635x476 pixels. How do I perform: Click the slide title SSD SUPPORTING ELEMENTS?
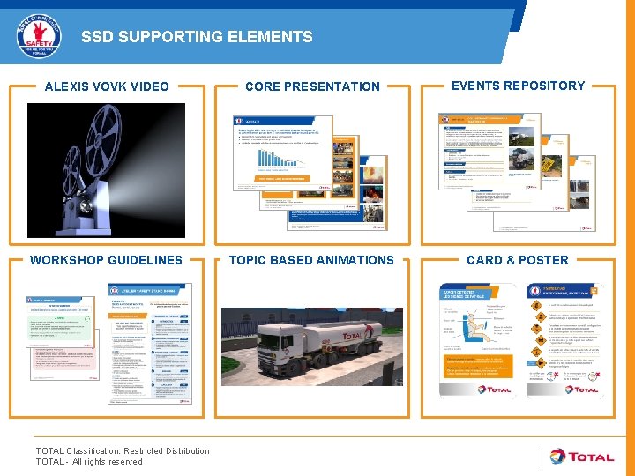[x=197, y=37]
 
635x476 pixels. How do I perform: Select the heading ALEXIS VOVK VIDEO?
[x=107, y=86]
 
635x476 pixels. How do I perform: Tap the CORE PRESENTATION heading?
[x=312, y=86]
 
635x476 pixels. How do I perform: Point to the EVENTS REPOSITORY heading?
[x=518, y=86]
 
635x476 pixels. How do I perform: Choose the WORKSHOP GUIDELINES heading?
[x=106, y=260]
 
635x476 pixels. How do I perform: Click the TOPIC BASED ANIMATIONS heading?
[x=311, y=260]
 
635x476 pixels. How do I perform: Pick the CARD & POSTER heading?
[x=518, y=260]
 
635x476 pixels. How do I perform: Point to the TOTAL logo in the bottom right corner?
[x=581, y=457]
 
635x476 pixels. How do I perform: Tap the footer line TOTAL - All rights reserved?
[x=88, y=462]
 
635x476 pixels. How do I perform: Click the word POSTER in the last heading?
[x=543, y=260]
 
